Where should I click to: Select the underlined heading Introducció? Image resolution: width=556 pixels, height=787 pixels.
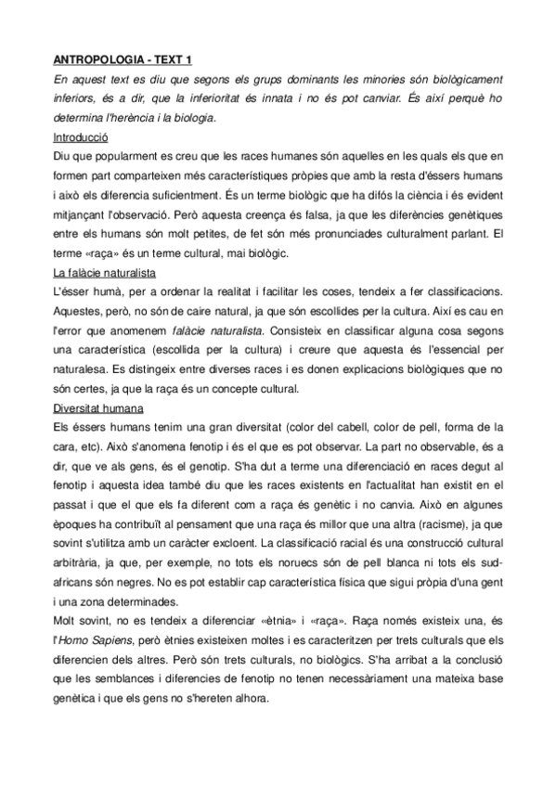pyautogui.click(x=81, y=136)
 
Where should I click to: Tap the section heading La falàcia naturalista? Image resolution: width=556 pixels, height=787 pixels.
pyautogui.click(x=104, y=274)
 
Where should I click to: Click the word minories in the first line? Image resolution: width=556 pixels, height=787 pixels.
pyautogui.click(x=352, y=80)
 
